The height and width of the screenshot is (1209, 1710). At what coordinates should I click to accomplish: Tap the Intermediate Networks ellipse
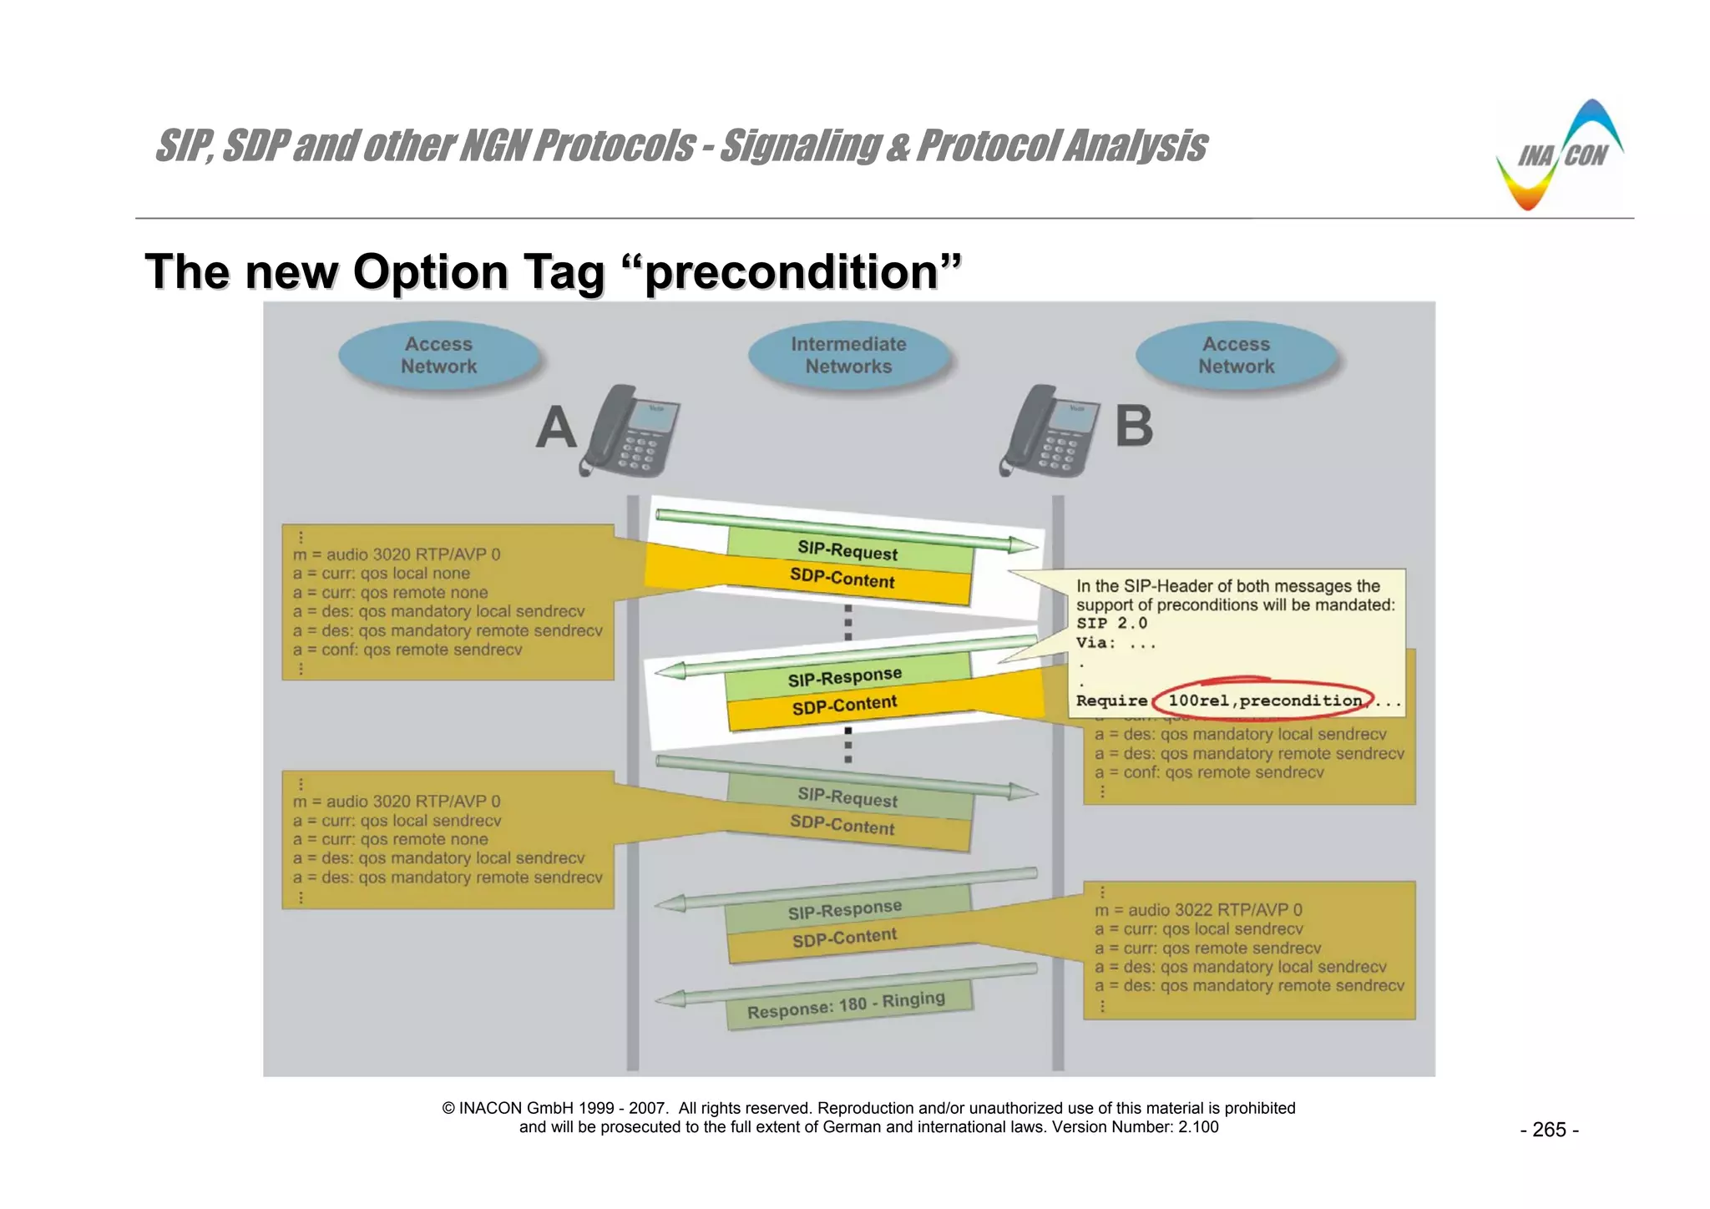coord(848,356)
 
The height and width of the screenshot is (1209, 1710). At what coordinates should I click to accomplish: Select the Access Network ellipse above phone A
coord(438,356)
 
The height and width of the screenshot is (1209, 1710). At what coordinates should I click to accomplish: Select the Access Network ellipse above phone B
coord(1237,356)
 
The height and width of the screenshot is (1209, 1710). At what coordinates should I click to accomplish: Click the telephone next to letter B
coord(1050,433)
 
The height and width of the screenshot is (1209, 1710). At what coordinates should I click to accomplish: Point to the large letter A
coord(556,428)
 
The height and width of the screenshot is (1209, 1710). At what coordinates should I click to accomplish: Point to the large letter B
coord(1134,427)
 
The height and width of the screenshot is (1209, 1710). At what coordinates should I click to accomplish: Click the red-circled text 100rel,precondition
coord(1264,701)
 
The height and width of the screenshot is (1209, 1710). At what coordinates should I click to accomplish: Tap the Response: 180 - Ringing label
coord(846,1005)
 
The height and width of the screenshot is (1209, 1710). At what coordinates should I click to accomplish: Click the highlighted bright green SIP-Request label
coord(847,550)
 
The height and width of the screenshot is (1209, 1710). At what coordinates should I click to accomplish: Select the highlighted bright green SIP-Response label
coord(844,676)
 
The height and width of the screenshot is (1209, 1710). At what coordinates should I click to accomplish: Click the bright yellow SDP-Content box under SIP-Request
coord(842,578)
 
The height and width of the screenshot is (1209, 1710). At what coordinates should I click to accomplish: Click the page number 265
coord(1549,1130)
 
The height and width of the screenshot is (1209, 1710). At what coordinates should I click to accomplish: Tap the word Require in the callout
coord(1111,701)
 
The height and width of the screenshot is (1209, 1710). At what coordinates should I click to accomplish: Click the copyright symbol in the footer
coord(448,1109)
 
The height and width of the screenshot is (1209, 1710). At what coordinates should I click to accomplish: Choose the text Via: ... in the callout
coord(1116,643)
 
